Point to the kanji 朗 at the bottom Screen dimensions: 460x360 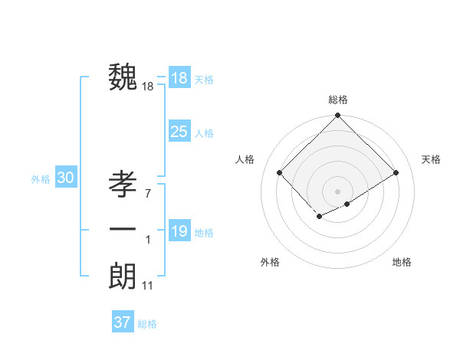123,276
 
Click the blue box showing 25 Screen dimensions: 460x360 179,132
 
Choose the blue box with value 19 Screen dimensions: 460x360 179,231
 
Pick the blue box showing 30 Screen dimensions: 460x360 65,178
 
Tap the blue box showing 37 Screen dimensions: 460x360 122,322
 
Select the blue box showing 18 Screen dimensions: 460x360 179,78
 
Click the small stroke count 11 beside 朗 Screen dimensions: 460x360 148,286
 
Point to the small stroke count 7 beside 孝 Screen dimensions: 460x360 147,194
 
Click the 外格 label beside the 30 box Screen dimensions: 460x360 41,179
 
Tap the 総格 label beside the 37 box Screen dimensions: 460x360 147,324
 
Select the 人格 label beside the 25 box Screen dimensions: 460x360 204,133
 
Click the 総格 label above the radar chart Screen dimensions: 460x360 338,100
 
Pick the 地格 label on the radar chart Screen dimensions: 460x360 402,262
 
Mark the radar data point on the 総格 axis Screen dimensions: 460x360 337,116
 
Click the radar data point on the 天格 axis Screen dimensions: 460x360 396,172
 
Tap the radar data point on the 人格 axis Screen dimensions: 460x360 280,172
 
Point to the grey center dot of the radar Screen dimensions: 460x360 337,191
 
